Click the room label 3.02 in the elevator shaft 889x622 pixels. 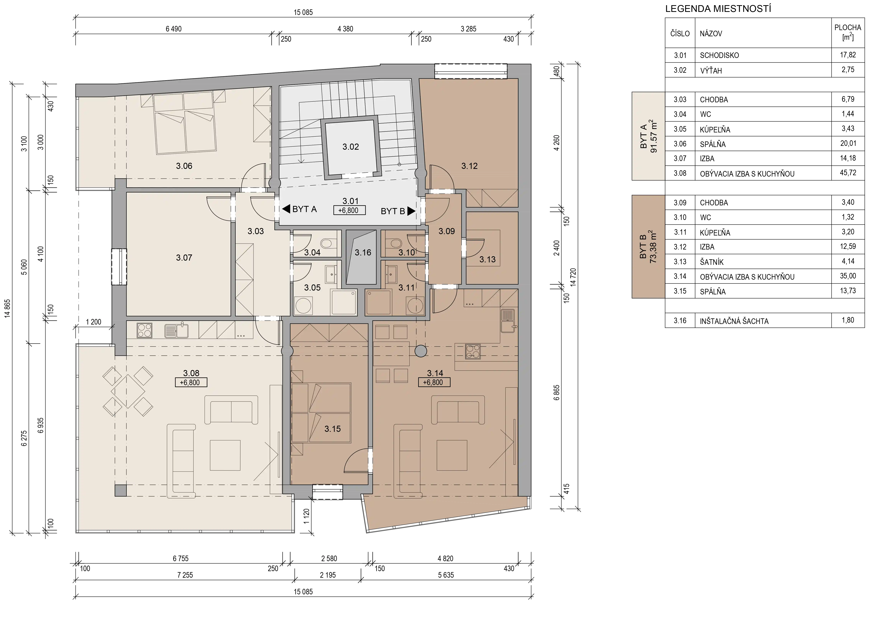[x=350, y=147]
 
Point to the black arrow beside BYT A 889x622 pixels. [x=286, y=209]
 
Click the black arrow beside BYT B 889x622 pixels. [x=411, y=211]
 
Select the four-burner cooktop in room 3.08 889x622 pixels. [x=144, y=330]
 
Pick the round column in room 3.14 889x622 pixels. [x=421, y=351]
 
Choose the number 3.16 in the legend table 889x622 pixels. [x=680, y=320]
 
